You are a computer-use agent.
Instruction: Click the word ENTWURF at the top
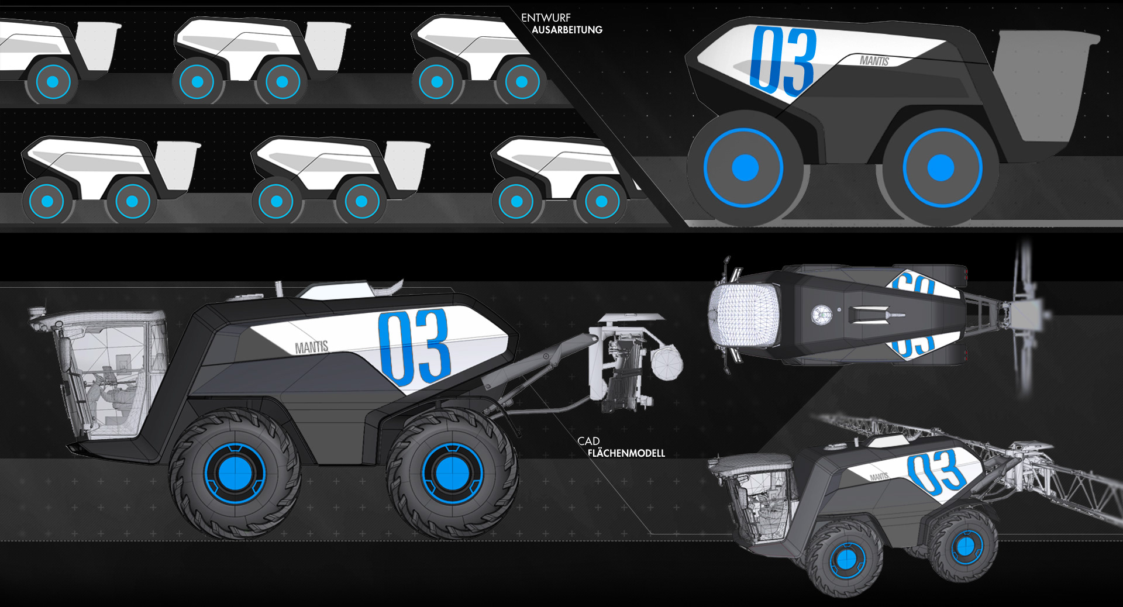tap(546, 18)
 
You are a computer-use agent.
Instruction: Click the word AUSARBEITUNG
tap(567, 30)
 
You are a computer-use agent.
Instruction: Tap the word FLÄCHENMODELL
tap(626, 453)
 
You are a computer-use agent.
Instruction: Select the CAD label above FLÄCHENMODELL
tap(588, 441)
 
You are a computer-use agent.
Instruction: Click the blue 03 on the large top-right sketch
tap(783, 60)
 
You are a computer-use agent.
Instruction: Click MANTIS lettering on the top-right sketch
tap(874, 60)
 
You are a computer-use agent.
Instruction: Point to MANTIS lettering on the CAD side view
tap(312, 347)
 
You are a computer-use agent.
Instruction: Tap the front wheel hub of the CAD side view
tap(235, 473)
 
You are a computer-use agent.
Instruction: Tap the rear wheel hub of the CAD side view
tap(452, 473)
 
